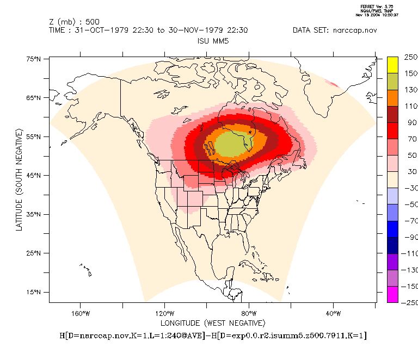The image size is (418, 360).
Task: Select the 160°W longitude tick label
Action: (80, 313)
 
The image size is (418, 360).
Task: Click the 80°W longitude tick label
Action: (249, 313)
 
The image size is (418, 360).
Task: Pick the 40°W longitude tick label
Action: (333, 313)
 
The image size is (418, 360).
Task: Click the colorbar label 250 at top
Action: (410, 57)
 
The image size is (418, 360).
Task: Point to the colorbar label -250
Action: (409, 302)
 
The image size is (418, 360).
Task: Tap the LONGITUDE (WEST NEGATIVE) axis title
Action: (212, 323)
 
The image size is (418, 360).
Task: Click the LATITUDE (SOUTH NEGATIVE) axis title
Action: (19, 179)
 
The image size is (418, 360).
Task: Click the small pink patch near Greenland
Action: (331, 83)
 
